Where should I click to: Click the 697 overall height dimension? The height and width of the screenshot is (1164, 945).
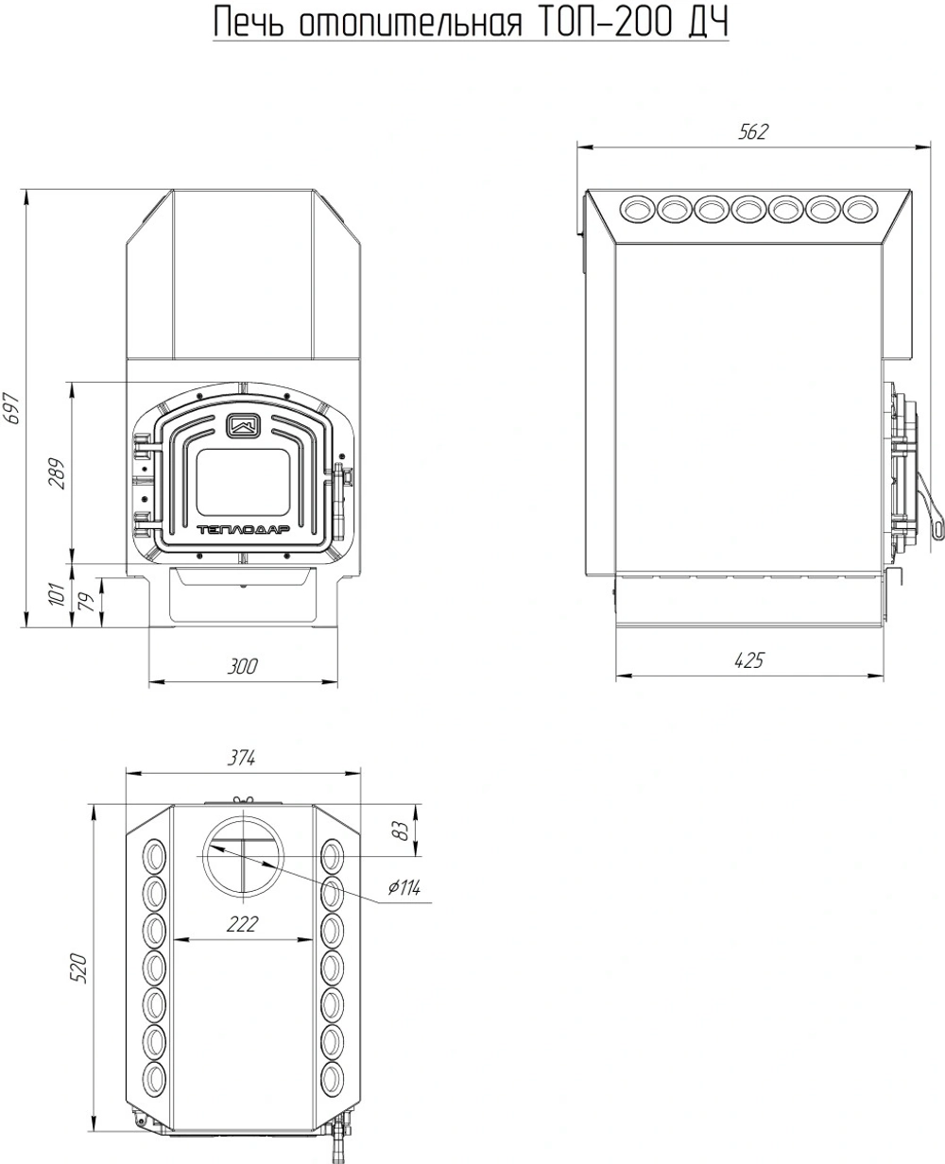[12, 408]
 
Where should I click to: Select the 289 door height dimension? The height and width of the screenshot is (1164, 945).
[57, 472]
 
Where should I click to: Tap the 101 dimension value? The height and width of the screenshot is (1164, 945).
[58, 594]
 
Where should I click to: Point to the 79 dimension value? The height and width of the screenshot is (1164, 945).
[88, 601]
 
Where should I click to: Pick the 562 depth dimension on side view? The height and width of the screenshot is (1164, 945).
[753, 131]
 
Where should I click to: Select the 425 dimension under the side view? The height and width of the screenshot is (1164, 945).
[748, 660]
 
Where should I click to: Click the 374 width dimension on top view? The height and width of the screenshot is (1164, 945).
[241, 759]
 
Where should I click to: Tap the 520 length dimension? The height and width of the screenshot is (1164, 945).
[78, 967]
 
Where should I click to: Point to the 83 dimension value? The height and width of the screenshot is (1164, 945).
[401, 830]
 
